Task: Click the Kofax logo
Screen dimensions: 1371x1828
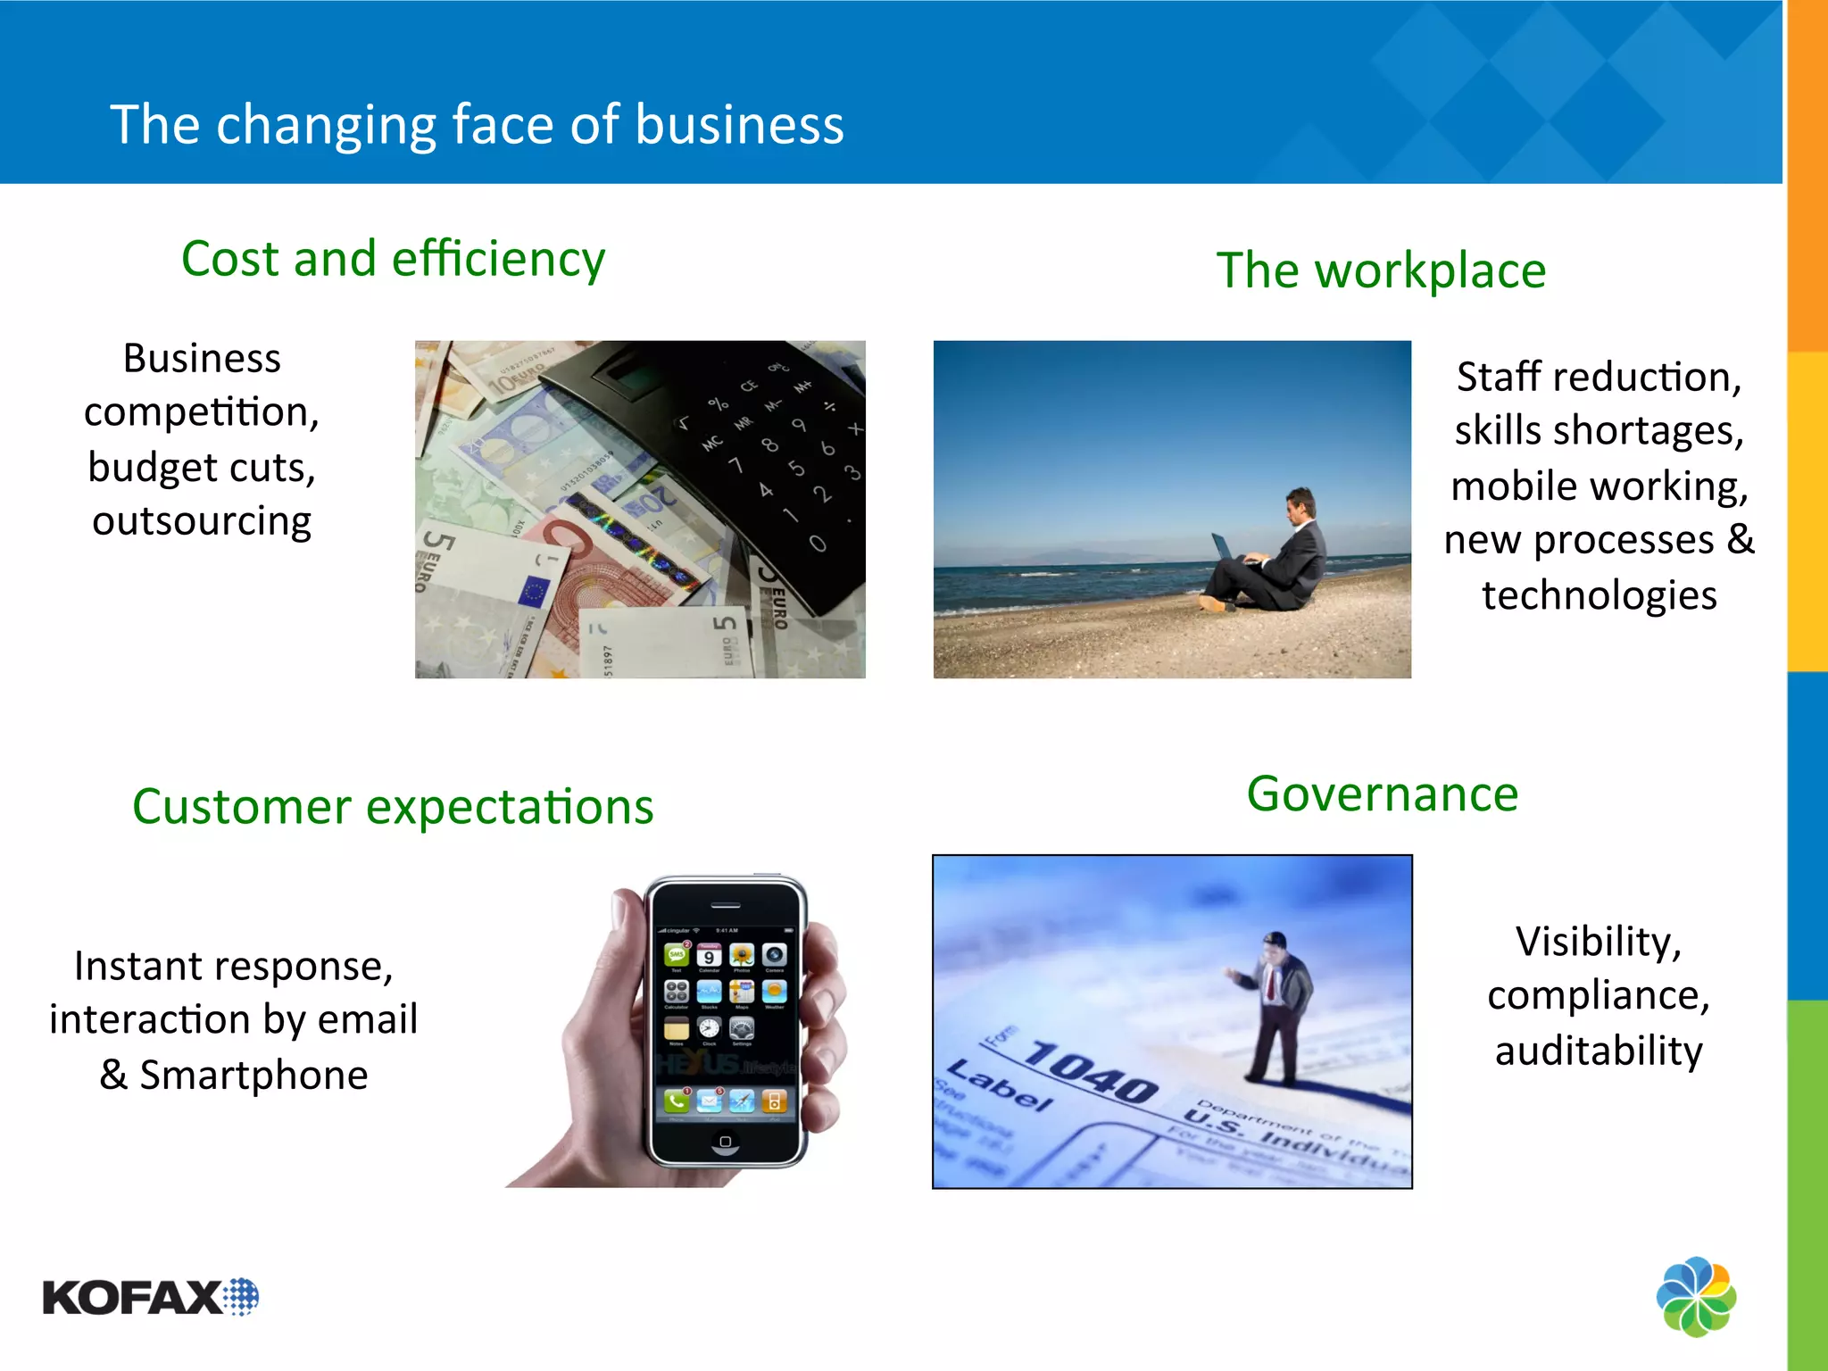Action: click(150, 1297)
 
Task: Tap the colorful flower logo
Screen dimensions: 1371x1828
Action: click(1696, 1296)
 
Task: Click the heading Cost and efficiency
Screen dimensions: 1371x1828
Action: click(393, 259)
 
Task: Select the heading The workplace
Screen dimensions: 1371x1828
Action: click(1381, 270)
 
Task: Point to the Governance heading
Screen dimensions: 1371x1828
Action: click(1382, 794)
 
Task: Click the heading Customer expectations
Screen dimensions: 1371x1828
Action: click(393, 807)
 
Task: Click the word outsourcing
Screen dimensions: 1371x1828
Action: click(202, 521)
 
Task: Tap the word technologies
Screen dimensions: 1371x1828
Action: click(1599, 595)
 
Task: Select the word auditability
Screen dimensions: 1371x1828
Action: click(1599, 1051)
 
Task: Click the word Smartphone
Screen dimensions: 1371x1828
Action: click(253, 1075)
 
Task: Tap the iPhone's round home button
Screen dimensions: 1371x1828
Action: click(725, 1142)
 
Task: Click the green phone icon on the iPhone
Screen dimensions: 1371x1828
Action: click(677, 1101)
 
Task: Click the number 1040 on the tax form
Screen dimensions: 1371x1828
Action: click(1091, 1071)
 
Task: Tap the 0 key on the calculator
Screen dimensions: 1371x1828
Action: click(818, 544)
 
